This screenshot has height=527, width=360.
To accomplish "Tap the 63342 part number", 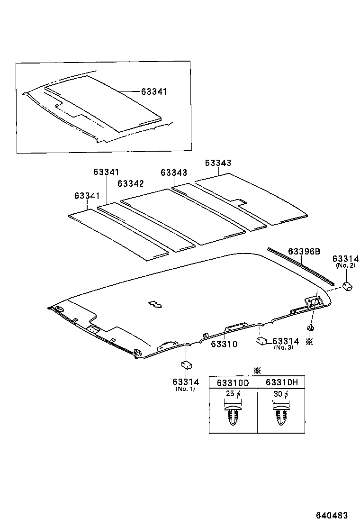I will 131,183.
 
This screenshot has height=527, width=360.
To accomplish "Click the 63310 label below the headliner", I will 224,344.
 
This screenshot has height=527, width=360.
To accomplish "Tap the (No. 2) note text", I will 345,266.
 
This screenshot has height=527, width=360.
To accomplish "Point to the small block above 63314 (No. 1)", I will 186,364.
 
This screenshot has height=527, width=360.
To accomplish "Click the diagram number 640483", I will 332,516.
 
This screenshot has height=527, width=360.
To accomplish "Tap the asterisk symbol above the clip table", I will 257,370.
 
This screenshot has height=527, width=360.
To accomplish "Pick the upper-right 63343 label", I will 218,163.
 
